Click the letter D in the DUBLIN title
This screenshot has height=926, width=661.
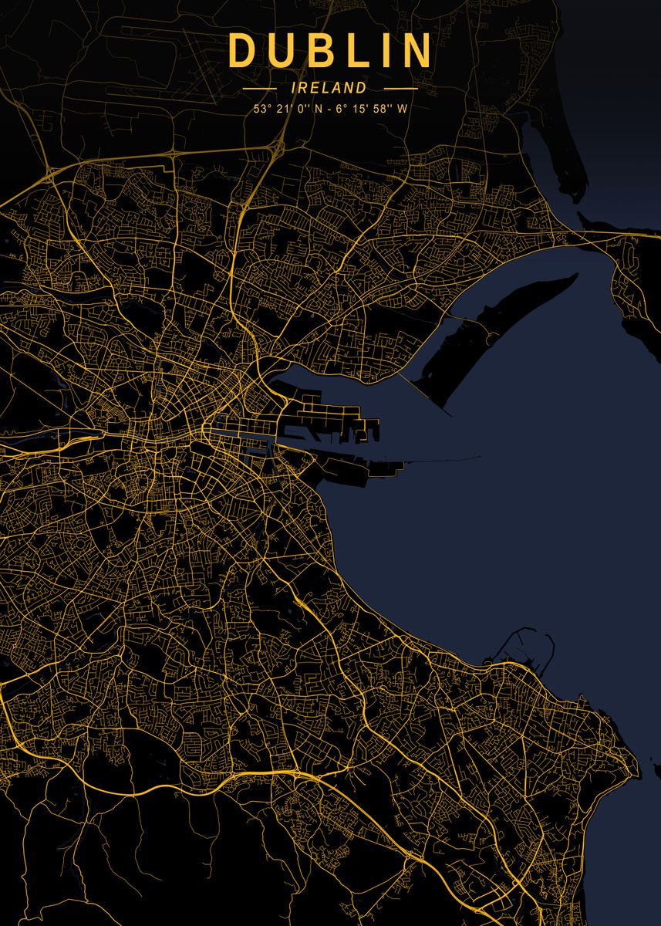(242, 51)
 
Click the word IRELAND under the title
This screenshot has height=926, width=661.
(329, 89)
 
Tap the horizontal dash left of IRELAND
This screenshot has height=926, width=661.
(260, 89)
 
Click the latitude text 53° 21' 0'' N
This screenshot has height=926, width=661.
(285, 109)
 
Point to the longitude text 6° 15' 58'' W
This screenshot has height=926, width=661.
(371, 109)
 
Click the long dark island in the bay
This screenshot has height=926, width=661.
(501, 332)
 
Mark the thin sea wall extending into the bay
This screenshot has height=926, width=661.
(440, 461)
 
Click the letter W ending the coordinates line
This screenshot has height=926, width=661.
(403, 109)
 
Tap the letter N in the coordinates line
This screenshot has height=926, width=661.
(319, 109)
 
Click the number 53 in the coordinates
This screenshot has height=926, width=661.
(258, 109)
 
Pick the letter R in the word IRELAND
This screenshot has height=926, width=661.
(305, 89)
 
